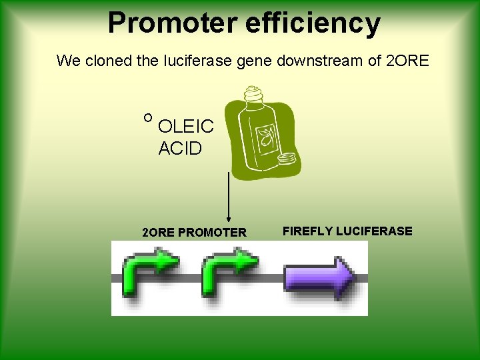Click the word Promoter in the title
point(173,23)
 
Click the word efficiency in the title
point(313,23)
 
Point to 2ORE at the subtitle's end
point(408,61)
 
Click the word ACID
point(180,149)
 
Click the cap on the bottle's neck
point(253,94)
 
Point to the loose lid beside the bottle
point(287,159)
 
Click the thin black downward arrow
point(229,197)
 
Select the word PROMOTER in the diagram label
point(211,233)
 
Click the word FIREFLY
point(308,231)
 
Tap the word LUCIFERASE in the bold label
point(375,231)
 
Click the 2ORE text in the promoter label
point(159,233)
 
